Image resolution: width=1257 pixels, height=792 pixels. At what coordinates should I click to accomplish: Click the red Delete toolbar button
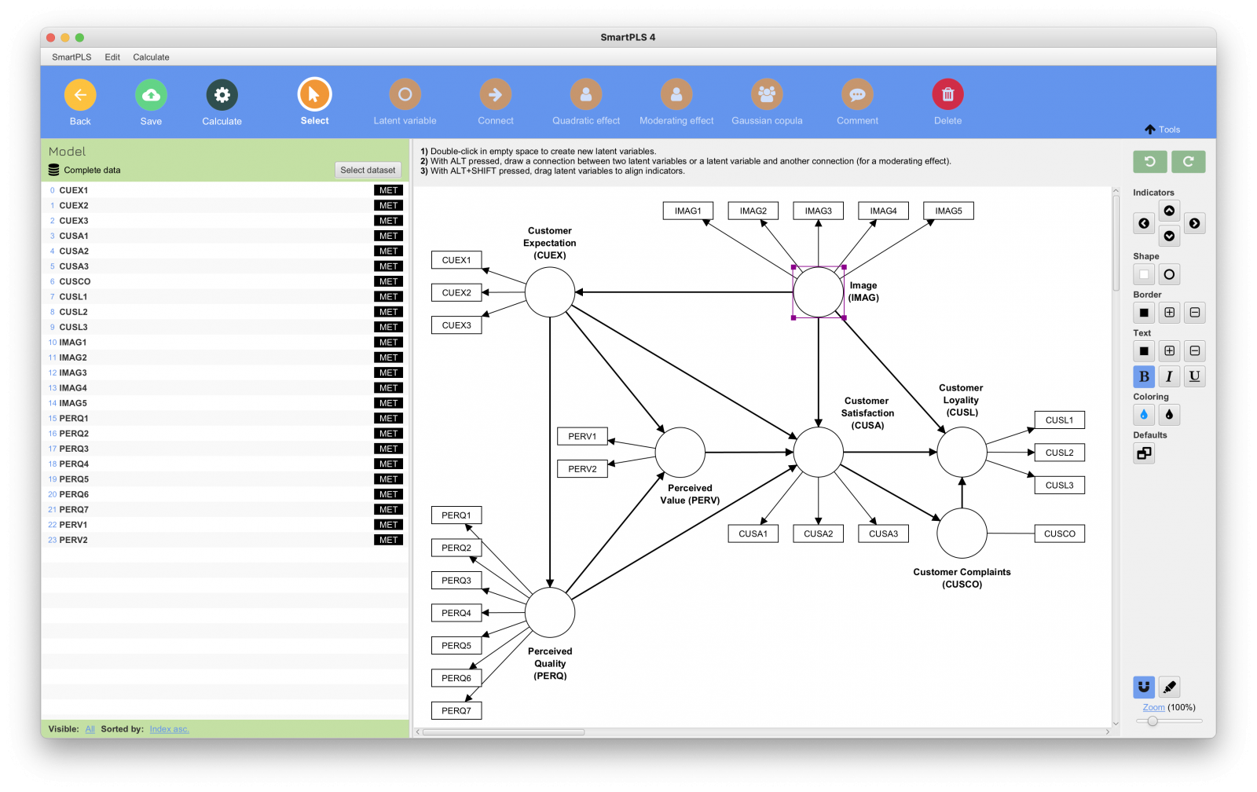(947, 95)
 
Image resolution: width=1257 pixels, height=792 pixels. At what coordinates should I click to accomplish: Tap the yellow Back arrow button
(80, 95)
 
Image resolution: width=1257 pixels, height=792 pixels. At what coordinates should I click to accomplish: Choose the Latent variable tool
(405, 95)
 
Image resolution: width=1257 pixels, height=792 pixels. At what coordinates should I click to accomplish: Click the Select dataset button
(368, 170)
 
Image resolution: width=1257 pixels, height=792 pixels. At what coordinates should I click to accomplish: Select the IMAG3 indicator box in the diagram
(818, 211)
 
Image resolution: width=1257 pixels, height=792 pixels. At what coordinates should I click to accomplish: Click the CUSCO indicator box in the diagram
(1059, 533)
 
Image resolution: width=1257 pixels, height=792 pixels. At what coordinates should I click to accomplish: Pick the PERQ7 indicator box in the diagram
(456, 710)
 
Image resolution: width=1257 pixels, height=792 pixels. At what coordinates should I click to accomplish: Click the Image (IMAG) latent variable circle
(818, 292)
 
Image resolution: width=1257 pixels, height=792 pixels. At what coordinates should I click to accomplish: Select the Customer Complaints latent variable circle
(962, 533)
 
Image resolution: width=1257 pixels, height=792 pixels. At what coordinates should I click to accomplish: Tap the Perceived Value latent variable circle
(680, 453)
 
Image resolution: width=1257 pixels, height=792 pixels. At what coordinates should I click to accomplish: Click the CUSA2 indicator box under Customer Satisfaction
(818, 533)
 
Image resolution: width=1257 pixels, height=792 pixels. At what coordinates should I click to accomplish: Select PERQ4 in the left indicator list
(74, 464)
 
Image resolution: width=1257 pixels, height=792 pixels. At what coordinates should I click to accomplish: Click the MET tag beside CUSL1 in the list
(388, 297)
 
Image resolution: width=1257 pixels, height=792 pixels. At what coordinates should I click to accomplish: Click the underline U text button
(1194, 376)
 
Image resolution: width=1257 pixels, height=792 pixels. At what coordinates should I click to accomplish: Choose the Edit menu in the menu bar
(112, 57)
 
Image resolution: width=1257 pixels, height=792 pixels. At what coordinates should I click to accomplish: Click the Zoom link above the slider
(1153, 707)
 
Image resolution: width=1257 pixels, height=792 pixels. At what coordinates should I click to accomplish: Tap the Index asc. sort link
(169, 729)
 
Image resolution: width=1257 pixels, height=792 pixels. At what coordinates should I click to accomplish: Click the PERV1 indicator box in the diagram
(582, 436)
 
